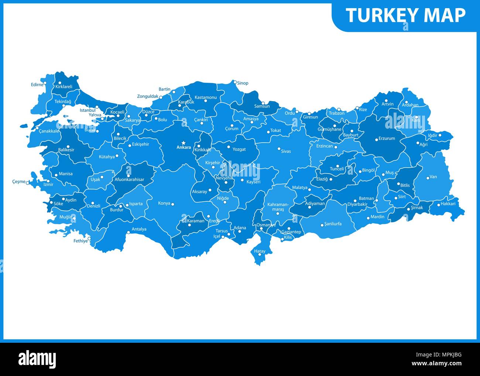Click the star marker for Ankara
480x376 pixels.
click(x=184, y=143)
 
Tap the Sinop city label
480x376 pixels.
click(x=243, y=83)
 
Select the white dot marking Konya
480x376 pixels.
click(x=172, y=204)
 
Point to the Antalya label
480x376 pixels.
click(x=139, y=229)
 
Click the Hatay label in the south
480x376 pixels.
click(x=260, y=251)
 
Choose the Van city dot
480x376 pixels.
click(x=428, y=178)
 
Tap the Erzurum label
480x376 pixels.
click(x=387, y=139)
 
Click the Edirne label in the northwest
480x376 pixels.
click(x=37, y=84)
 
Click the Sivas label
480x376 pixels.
click(x=286, y=151)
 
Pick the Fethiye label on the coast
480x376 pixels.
click(x=80, y=241)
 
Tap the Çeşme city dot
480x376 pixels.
click(x=28, y=182)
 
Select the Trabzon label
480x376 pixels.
click(x=336, y=113)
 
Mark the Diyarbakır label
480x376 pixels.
click(x=357, y=204)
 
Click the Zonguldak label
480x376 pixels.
click(x=147, y=96)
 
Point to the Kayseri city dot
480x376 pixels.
click(x=242, y=180)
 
